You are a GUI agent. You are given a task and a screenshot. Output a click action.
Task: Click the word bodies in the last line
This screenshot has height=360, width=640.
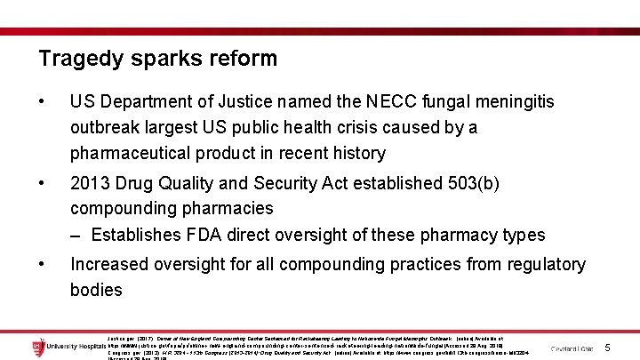96,290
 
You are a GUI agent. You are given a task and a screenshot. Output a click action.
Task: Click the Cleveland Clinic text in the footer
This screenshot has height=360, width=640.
574,348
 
